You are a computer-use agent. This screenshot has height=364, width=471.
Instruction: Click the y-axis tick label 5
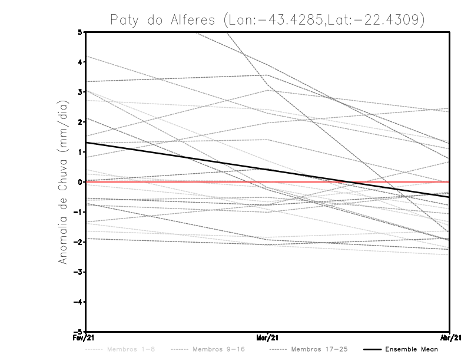[80, 32]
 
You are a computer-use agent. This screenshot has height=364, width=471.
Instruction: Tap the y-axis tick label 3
[80, 92]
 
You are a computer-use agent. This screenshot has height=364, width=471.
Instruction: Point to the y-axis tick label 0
[80, 182]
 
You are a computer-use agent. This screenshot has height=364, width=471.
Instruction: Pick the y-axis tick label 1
[80, 152]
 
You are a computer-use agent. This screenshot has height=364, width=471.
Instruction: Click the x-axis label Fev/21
[86, 337]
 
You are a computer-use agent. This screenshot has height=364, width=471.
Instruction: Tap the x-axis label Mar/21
[268, 337]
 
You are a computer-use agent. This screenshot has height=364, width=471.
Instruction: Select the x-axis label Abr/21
[450, 337]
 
